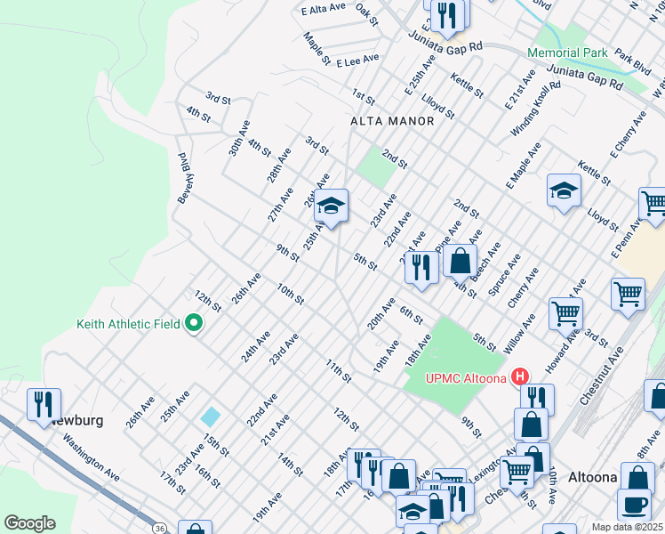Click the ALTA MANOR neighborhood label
392,121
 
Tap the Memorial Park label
567,53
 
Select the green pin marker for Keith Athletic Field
192,324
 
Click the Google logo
29,523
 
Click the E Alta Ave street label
323,11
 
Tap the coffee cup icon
636,505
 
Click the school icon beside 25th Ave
331,206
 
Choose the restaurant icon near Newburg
43,404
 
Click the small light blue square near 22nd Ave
211,416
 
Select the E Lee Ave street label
357,58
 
